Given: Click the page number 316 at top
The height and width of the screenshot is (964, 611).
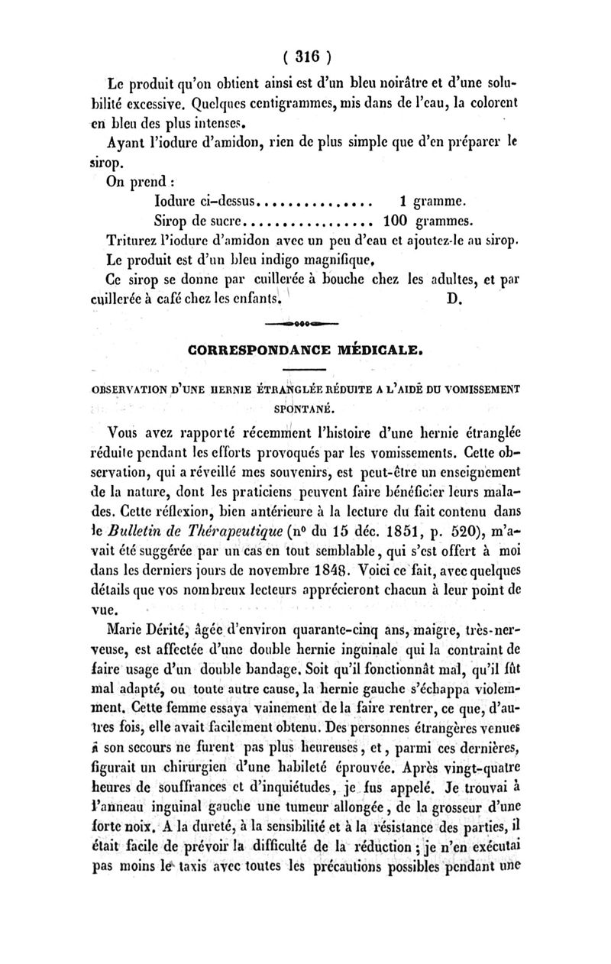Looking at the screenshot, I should coord(306,56).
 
